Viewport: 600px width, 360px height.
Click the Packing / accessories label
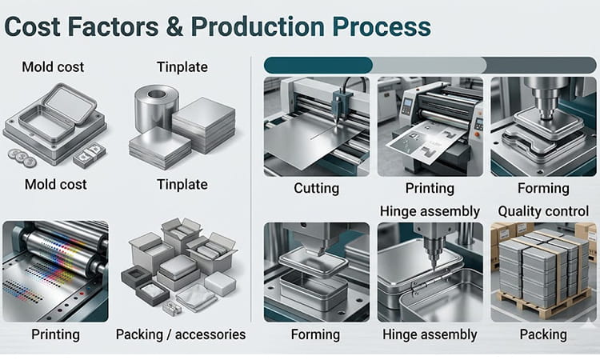coord(181,334)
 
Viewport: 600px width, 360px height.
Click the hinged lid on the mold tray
coord(68,105)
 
